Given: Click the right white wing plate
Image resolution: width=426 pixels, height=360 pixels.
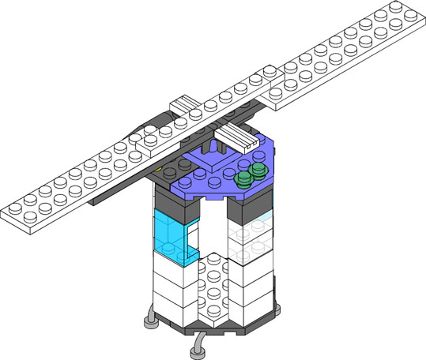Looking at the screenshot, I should click(348, 59).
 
